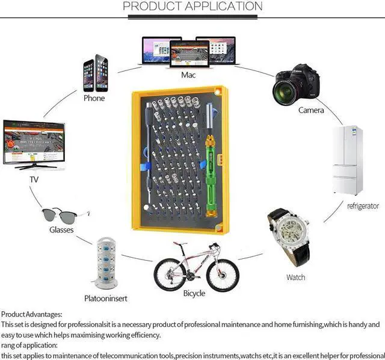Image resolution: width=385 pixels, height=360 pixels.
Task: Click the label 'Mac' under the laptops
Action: tap(189, 75)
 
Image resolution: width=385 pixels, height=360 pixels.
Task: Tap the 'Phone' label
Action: tap(94, 98)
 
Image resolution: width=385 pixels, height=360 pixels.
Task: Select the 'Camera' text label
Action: tap(311, 110)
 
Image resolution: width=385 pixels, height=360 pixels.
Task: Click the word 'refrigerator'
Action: tap(363, 206)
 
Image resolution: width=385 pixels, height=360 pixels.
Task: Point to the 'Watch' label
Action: tap(295, 278)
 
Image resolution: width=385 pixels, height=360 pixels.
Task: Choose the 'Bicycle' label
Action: tap(194, 293)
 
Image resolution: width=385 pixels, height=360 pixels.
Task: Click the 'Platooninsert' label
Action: tap(106, 298)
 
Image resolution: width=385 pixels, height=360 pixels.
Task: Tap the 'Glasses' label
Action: tap(61, 230)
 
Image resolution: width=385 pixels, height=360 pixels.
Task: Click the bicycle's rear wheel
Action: tap(169, 276)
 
